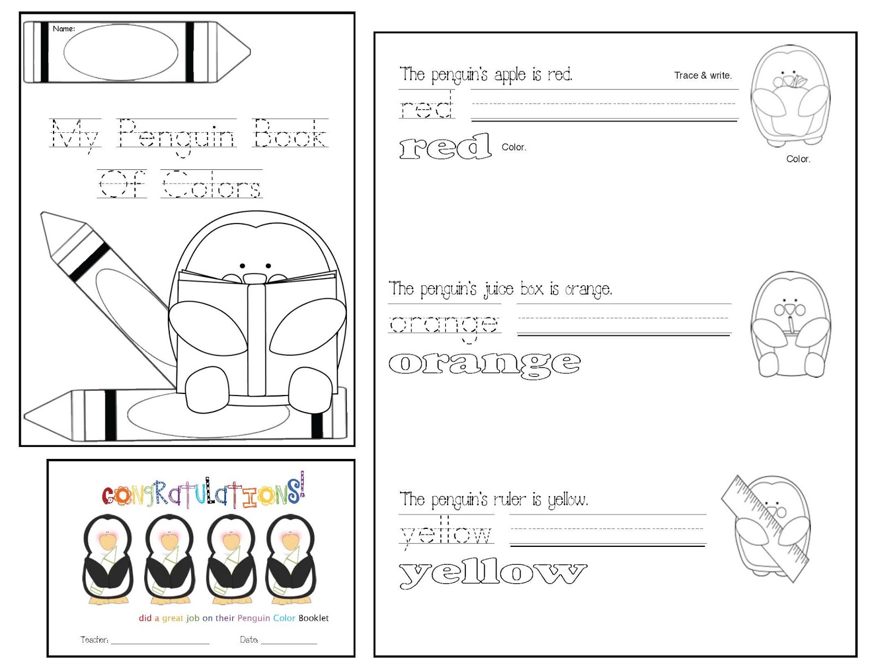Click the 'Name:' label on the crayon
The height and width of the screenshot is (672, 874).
point(64,29)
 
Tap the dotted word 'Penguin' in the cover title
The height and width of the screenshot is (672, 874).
point(176,134)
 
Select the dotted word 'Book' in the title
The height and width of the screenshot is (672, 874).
point(290,133)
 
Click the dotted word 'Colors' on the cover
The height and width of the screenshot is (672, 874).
point(211,184)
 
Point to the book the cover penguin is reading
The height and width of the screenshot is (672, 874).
point(257,333)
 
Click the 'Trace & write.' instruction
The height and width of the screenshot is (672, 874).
point(702,75)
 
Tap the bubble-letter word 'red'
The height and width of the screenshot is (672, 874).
point(445,146)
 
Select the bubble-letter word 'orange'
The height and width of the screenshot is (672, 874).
point(484,363)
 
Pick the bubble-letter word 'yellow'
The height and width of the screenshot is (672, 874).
point(493,573)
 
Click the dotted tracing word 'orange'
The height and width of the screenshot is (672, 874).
point(444,325)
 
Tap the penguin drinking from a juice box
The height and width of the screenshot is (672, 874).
point(790,325)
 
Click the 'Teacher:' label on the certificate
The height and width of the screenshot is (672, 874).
point(95,640)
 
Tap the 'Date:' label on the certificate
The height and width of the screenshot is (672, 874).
point(249,640)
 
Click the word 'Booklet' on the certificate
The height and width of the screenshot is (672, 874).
point(314,618)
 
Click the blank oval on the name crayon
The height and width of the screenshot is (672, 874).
point(121,52)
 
